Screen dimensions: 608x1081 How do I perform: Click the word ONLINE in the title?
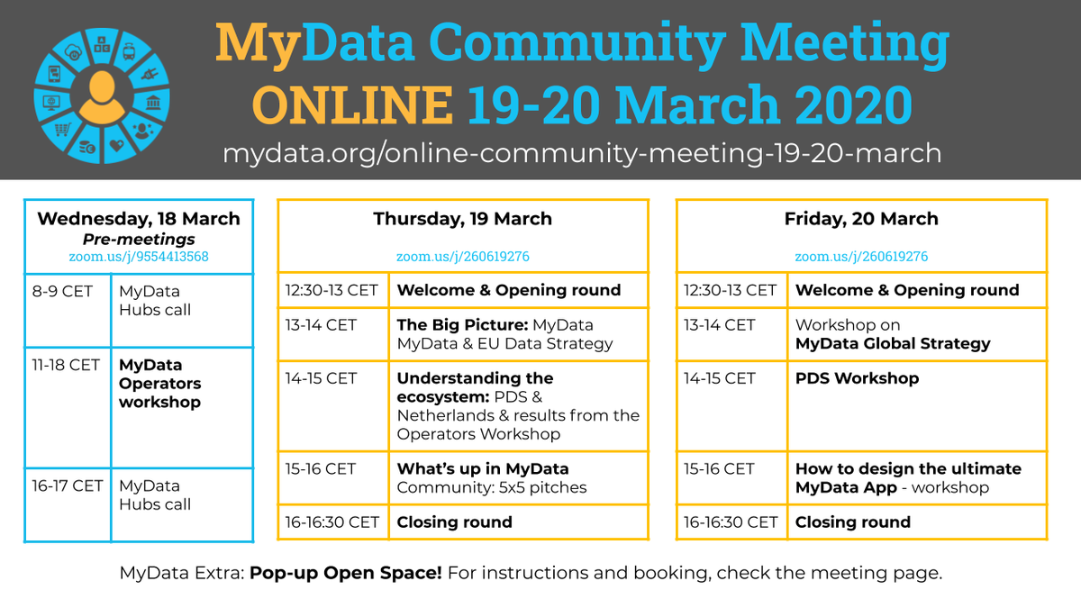click(352, 105)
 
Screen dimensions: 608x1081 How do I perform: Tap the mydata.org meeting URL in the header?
click(582, 153)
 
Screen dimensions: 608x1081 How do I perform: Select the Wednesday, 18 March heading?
click(139, 219)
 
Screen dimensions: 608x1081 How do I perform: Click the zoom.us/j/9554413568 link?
click(139, 257)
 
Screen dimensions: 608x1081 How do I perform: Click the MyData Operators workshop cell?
click(160, 384)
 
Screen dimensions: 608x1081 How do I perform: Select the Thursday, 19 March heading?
click(463, 219)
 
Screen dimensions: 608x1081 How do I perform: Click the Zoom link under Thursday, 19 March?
click(463, 257)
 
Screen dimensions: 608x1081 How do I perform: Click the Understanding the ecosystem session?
click(518, 405)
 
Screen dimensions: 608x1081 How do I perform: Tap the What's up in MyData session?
click(492, 477)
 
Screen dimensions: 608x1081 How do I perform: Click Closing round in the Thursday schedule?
click(454, 522)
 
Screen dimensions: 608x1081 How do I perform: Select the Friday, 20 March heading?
click(861, 219)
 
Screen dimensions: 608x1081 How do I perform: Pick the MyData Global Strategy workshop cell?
click(892, 333)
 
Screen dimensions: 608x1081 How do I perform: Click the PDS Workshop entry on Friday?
click(857, 378)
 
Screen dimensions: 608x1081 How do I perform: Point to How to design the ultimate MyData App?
click(908, 477)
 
